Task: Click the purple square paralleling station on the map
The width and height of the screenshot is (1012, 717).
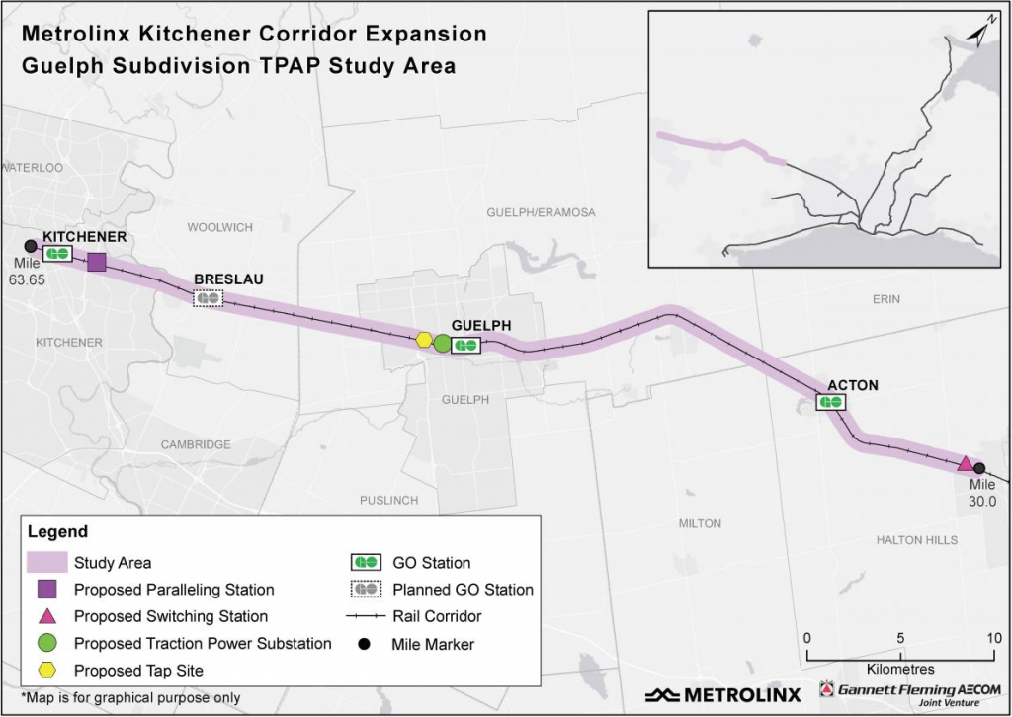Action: click(x=97, y=262)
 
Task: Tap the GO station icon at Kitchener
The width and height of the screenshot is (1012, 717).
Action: click(x=57, y=254)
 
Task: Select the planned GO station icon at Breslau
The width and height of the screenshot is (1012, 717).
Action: click(x=208, y=297)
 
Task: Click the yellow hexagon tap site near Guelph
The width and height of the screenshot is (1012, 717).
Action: click(x=424, y=340)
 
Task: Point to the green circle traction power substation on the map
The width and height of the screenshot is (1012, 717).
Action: click(x=442, y=344)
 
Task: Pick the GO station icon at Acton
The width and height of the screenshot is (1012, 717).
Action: click(x=830, y=402)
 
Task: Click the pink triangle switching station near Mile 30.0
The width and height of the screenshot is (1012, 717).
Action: click(x=966, y=463)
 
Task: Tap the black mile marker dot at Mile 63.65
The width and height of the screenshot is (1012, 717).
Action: click(x=30, y=245)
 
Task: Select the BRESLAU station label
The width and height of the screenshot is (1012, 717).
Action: click(x=228, y=279)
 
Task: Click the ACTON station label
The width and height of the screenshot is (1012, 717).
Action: click(x=851, y=385)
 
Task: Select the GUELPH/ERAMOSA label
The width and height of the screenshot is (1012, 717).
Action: click(x=542, y=213)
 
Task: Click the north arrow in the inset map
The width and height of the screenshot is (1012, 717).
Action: click(x=979, y=34)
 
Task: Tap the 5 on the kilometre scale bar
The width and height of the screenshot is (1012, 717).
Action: click(x=900, y=636)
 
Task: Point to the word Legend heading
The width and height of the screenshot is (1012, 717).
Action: click(x=57, y=532)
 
